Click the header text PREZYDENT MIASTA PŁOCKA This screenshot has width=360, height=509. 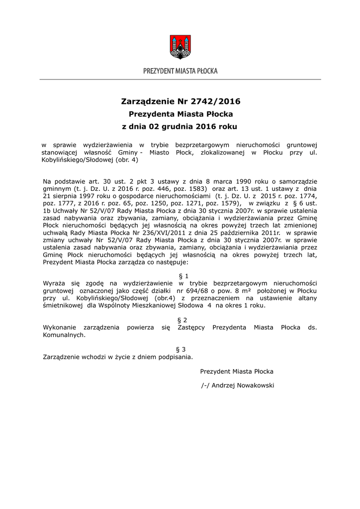pyautogui.click(x=180, y=72)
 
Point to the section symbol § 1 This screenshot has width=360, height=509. pyautogui.click(x=183, y=275)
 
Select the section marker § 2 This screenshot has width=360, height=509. pyautogui.click(x=182, y=320)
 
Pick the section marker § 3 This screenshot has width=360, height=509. pyautogui.click(x=182, y=349)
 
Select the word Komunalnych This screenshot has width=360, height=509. pyautogui.click(x=64, y=335)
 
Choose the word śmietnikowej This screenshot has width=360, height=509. pyautogui.click(x=63, y=305)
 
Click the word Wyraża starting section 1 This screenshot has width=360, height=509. pyautogui.click(x=54, y=282)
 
